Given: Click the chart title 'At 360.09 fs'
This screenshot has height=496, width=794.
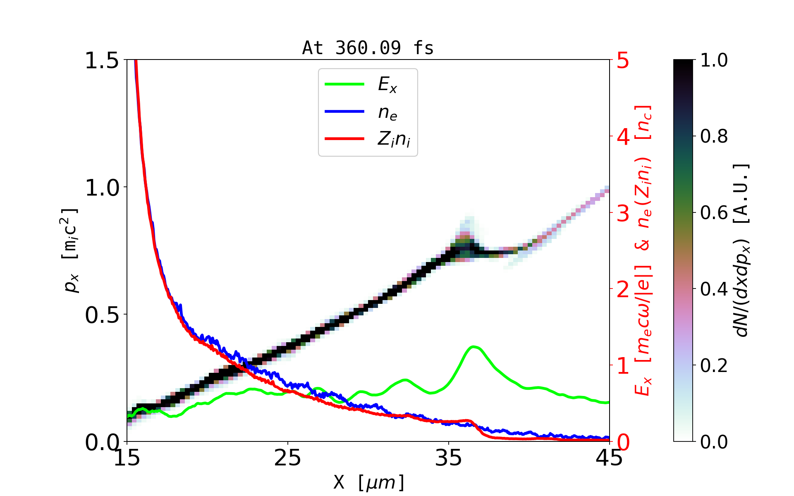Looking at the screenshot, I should click(368, 48).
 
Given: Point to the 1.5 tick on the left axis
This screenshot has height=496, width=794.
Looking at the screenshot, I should click(101, 60).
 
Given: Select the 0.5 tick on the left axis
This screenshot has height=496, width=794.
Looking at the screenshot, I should click(101, 315).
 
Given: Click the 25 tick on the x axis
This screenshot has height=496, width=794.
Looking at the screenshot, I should click(287, 458).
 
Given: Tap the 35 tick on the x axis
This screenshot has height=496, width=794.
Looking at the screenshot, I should click(449, 458).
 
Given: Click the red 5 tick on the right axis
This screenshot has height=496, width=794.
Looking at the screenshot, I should click(623, 60).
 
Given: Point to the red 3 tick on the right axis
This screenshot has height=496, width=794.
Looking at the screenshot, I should click(623, 213).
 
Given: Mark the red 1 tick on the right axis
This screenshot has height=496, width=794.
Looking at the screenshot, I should click(623, 366).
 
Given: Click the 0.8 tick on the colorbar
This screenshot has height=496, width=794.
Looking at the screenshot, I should click(714, 136).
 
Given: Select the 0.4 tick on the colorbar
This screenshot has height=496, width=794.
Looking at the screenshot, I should click(714, 289).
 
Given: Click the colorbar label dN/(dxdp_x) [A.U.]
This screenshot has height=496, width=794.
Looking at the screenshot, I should click(742, 250).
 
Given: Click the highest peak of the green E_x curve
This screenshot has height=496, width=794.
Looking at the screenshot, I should click(474, 347).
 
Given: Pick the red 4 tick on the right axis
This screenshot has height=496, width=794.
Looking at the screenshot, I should click(623, 136).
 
